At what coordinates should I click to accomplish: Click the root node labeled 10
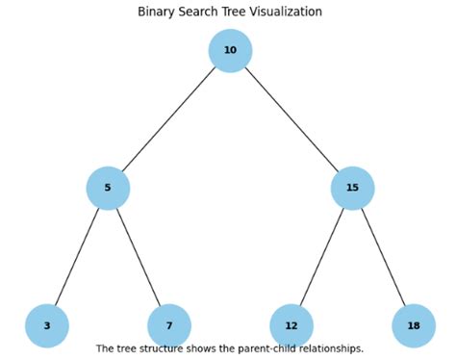tap(230, 51)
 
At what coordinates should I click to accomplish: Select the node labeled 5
tap(108, 188)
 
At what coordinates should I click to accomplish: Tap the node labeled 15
tap(352, 188)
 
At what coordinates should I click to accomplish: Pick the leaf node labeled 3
tap(46, 325)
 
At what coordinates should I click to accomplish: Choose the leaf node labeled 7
tap(169, 325)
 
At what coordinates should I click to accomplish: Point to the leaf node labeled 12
tap(291, 325)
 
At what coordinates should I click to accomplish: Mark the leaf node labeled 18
tap(414, 325)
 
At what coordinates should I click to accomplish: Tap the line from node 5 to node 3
tap(77, 256)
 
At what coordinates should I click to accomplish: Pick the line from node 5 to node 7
tap(139, 256)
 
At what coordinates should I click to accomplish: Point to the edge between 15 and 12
tap(322, 256)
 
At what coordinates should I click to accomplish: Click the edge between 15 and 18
tap(383, 256)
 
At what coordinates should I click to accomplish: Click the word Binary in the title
tap(156, 12)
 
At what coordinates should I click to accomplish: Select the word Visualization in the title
tap(287, 12)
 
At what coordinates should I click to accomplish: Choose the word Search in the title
tap(199, 12)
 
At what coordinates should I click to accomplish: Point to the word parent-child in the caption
tap(266, 348)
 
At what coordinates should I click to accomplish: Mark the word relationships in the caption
tap(331, 348)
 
